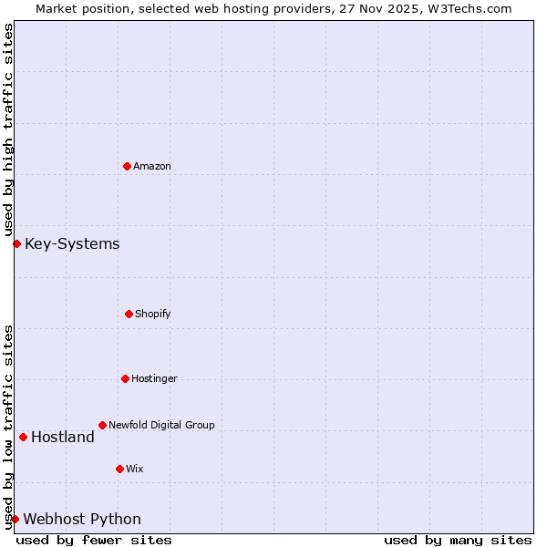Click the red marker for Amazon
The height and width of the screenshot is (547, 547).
[x=127, y=166]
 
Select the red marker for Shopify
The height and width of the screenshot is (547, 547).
[x=129, y=314]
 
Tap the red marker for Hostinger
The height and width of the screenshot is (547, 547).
[x=125, y=378]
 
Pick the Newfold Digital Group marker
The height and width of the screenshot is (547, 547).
[x=102, y=425]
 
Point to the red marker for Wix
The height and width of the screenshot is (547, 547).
[x=119, y=469]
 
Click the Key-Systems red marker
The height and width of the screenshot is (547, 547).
[x=16, y=243]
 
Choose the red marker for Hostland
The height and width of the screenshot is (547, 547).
[x=23, y=437]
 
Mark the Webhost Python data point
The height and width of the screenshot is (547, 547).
[x=15, y=519]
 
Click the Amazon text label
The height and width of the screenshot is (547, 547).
[x=152, y=166]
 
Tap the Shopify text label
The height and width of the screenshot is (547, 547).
[x=153, y=314]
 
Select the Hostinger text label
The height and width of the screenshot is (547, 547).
[x=154, y=378]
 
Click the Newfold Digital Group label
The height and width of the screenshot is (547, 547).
[x=161, y=425]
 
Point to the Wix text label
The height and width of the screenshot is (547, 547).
[x=135, y=469]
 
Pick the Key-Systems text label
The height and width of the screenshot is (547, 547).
[x=72, y=243]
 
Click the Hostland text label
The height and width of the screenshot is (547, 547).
[x=63, y=437]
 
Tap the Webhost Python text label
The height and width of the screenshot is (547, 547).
[x=82, y=519]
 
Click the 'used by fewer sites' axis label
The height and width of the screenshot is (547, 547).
[x=94, y=540]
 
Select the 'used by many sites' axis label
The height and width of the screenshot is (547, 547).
[x=458, y=540]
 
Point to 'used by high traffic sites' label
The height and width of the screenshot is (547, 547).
[x=8, y=130]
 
